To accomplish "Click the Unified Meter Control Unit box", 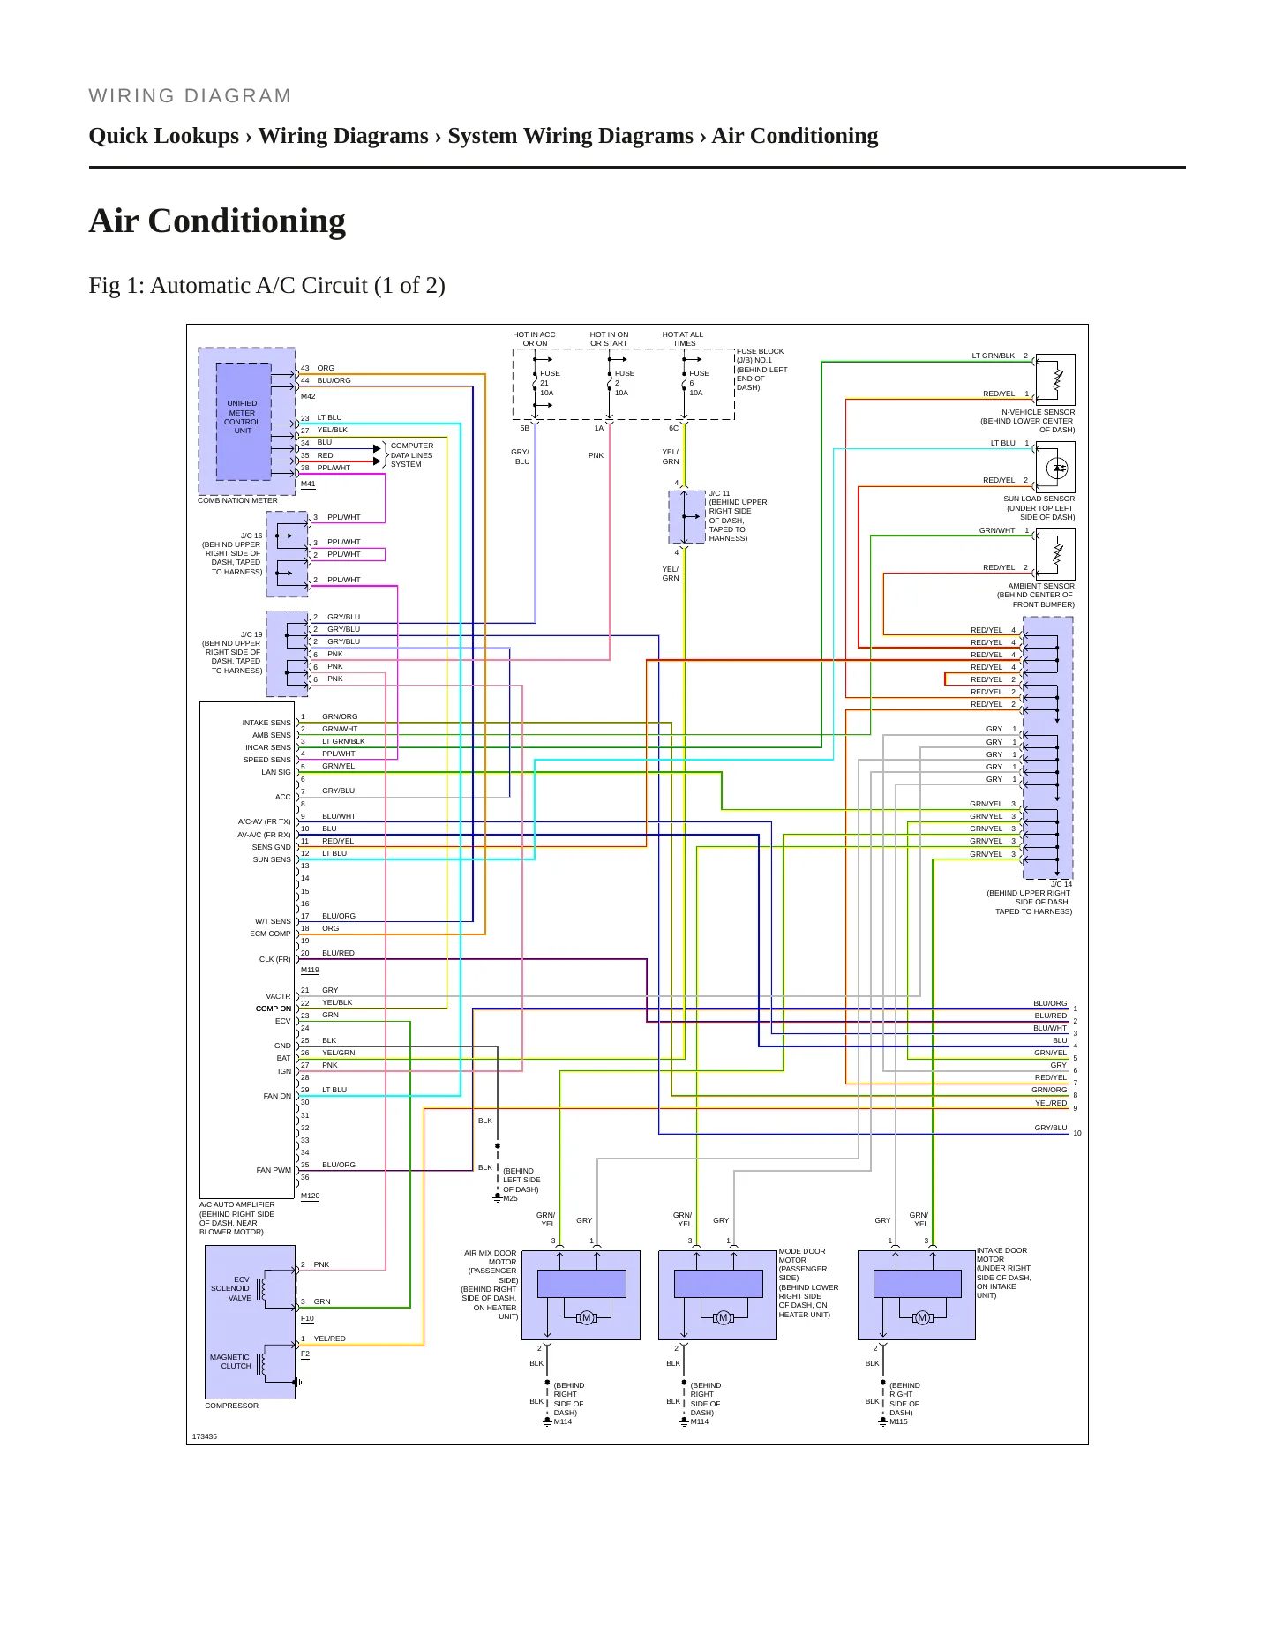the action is pos(243,421).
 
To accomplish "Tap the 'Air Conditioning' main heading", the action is pos(217,221).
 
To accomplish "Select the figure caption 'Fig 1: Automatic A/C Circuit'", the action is pos(266,286).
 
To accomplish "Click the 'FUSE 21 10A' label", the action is pos(550,383).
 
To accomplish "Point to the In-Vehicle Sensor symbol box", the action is pos(1056,379).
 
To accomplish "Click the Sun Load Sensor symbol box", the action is pos(1056,467).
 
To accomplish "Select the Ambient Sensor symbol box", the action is pos(1056,554).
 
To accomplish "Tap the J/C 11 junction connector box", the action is pos(686,517).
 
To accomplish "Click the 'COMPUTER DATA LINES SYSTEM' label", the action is pos(412,455).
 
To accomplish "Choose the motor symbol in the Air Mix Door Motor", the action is pos(586,1318).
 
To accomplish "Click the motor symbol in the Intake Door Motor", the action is pos(922,1318).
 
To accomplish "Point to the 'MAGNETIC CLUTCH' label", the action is pos(230,1361).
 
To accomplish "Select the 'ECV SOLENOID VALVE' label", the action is pos(230,1289).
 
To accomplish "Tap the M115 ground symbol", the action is pos(883,1421).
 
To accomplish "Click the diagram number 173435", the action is pos(205,1436).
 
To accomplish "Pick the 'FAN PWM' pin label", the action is pos(274,1170).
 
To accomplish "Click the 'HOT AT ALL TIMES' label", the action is pos(683,339).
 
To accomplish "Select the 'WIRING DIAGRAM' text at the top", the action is pos(190,96).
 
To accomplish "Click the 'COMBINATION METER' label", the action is pos(237,500).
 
